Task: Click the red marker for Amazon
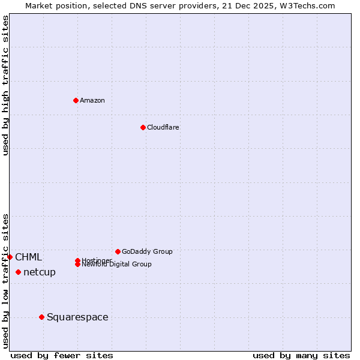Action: pos(76,100)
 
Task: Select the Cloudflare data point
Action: pos(143,127)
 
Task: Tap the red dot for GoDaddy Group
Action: pos(118,251)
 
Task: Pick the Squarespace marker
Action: pos(41,317)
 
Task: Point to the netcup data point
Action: pos(18,272)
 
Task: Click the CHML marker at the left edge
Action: pos(10,257)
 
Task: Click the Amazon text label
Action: pos(92,100)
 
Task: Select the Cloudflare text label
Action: pos(163,127)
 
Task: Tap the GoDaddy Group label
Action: pos(147,251)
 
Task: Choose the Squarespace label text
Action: pos(77,317)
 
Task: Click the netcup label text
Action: pos(40,272)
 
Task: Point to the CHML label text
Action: pos(29,257)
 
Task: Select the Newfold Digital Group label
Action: pos(116,265)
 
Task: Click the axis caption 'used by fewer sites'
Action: pos(62,356)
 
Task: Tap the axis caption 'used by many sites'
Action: pos(301,356)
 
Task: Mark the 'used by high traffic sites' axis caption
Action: pos(5,85)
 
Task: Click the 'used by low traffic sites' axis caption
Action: pos(5,281)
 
